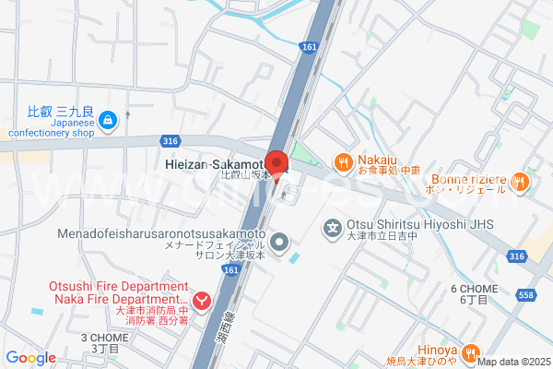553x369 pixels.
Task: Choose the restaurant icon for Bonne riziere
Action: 518,182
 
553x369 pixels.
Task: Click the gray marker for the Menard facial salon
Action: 282,244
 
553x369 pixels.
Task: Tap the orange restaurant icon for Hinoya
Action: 470,351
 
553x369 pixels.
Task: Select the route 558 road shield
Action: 525,293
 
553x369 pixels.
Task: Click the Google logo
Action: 31,358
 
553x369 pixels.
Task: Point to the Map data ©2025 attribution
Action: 514,362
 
